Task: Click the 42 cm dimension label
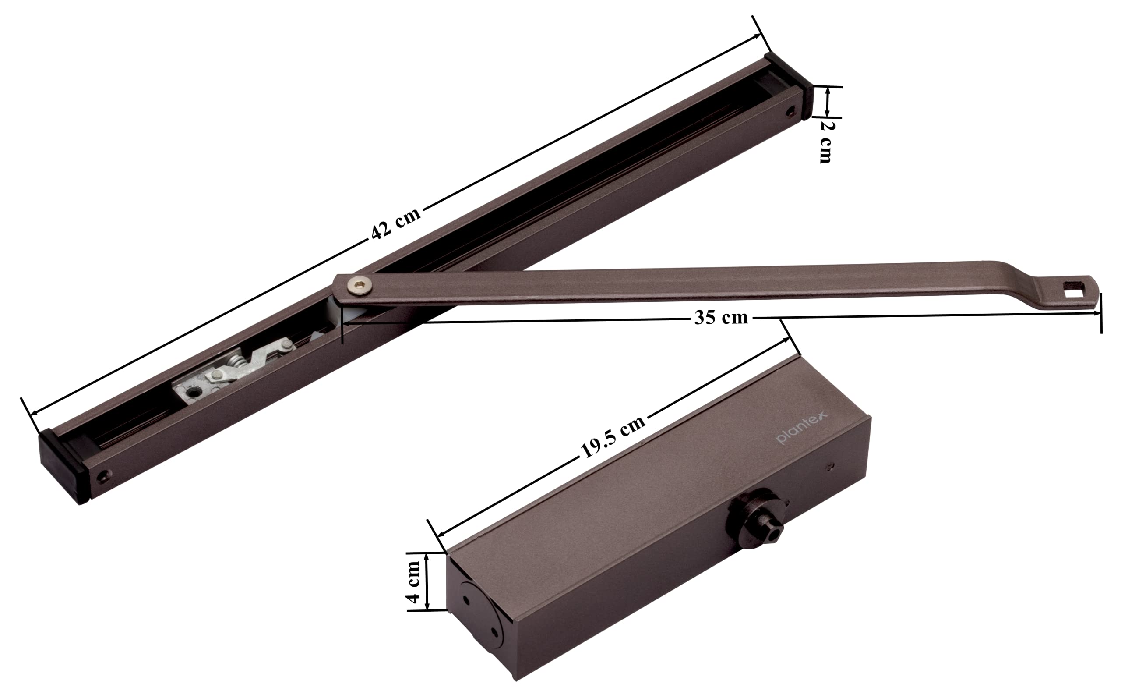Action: click(395, 223)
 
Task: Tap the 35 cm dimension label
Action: click(721, 317)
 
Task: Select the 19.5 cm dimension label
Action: click(613, 436)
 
